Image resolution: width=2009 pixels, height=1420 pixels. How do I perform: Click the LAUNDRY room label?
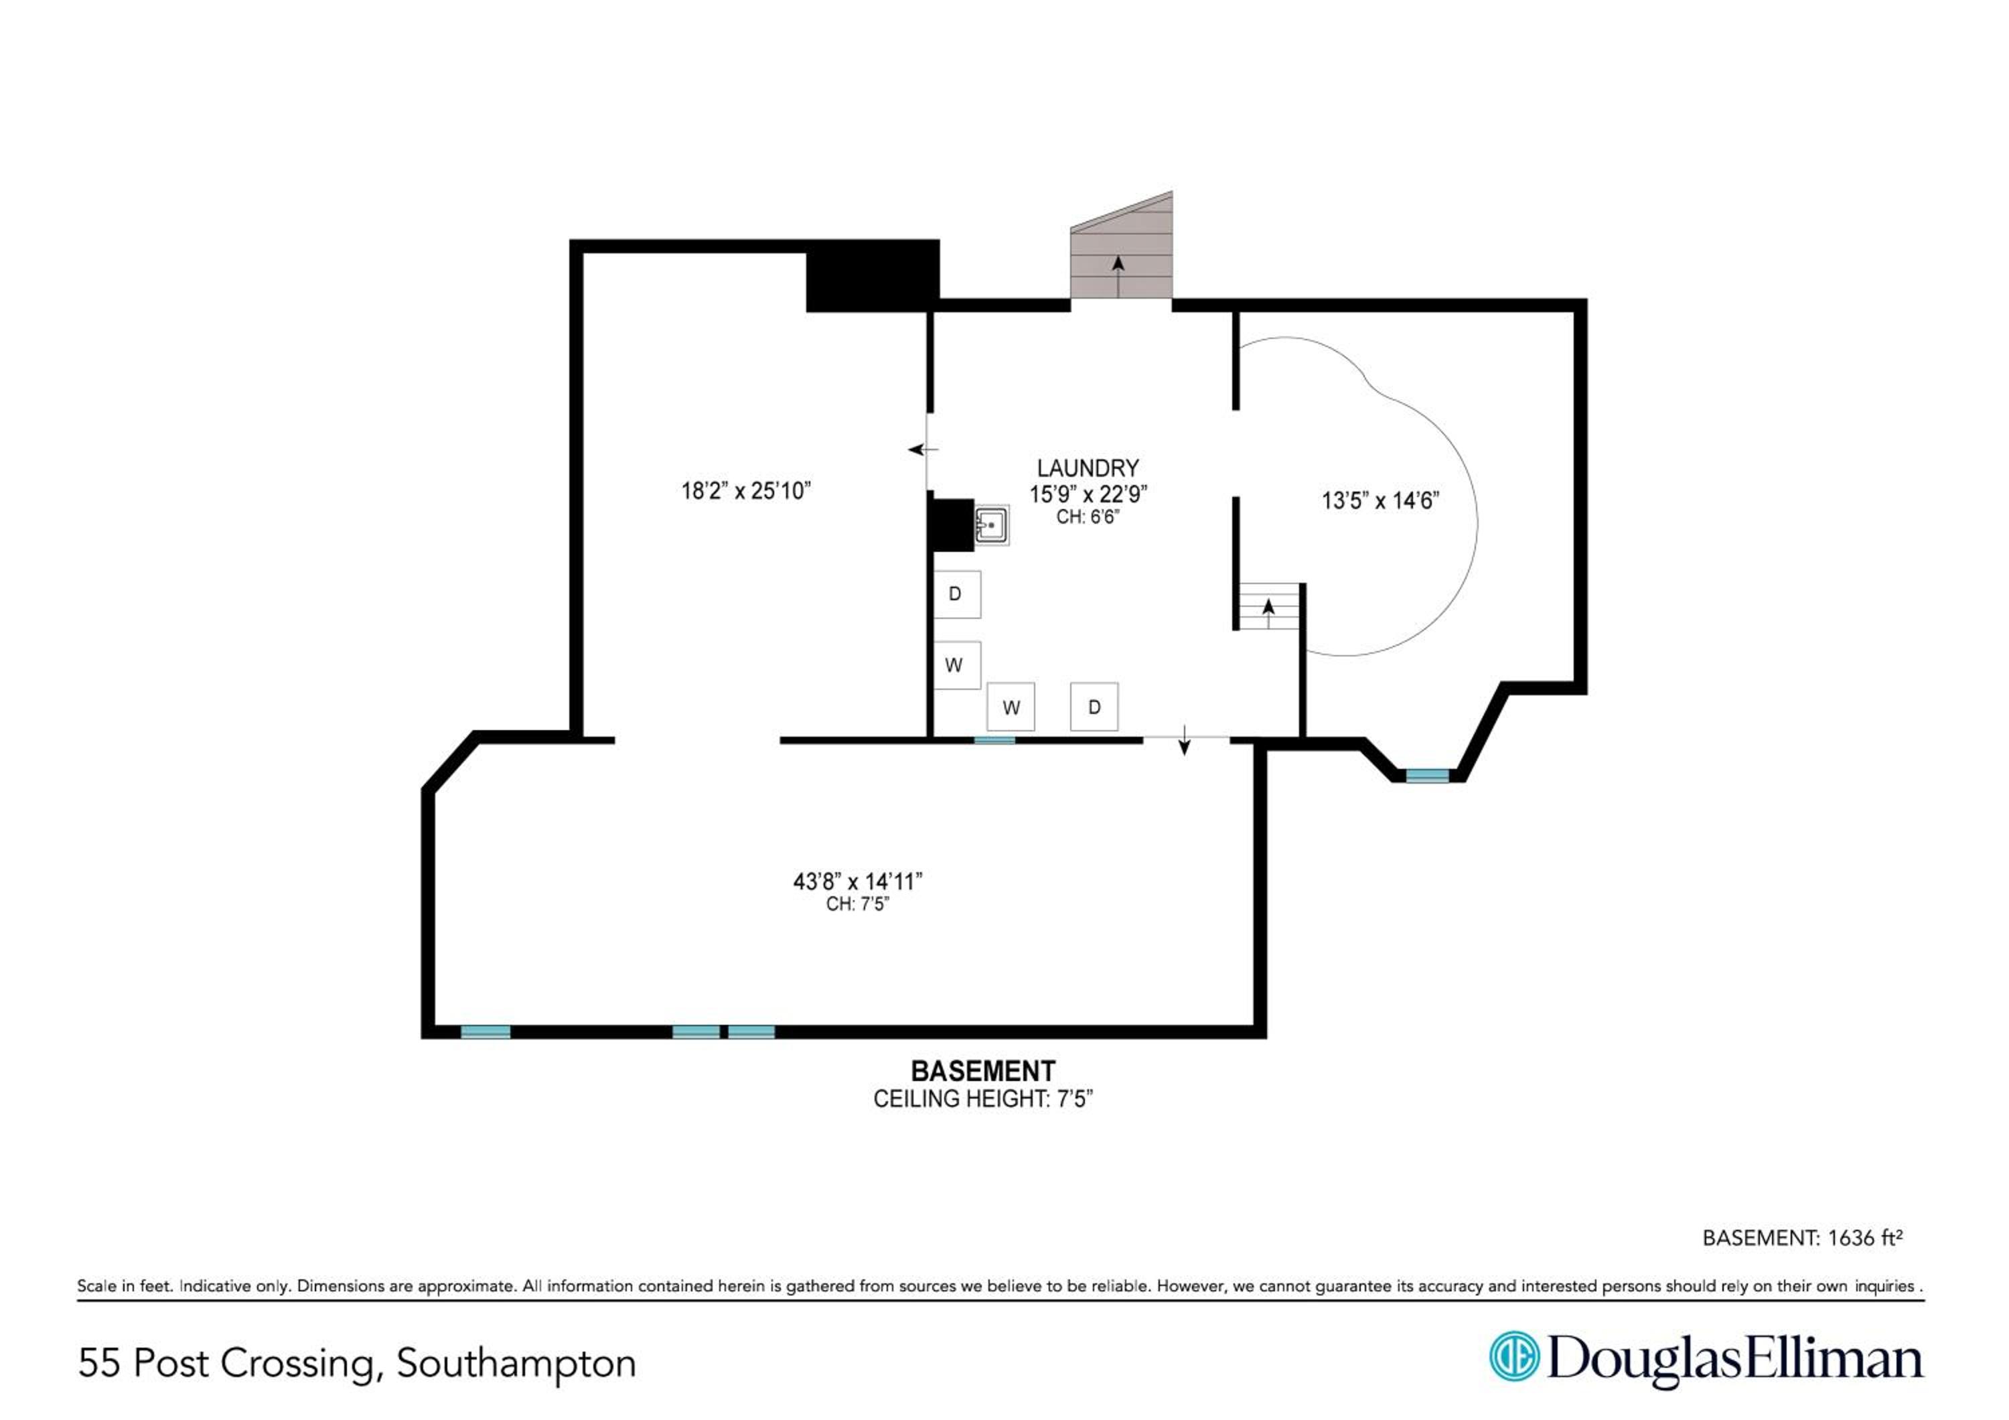pos(1088,468)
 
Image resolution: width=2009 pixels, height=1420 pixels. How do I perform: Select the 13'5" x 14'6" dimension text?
pos(1380,500)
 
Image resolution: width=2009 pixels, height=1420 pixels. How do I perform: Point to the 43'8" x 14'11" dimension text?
pos(857,881)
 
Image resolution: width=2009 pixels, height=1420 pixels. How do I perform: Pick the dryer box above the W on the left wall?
pos(956,594)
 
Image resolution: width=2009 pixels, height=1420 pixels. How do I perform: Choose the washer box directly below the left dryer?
pos(956,665)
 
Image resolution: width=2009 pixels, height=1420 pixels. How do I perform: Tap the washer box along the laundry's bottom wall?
pos(1011,707)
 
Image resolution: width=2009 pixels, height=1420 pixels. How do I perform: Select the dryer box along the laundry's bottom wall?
pos(1094,707)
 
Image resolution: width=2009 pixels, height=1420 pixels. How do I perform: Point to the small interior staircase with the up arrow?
pos(1269,606)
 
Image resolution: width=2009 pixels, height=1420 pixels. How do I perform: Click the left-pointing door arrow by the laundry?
pos(922,449)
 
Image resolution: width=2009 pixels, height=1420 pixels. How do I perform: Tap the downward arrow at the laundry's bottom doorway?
pos(1184,739)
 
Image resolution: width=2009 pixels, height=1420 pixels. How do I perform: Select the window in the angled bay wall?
pos(1427,775)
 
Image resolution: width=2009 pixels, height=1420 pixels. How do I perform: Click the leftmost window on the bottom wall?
pos(486,1032)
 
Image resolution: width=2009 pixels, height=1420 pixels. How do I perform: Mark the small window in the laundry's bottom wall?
pos(995,740)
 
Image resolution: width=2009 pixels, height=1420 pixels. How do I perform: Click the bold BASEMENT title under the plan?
pos(982,1071)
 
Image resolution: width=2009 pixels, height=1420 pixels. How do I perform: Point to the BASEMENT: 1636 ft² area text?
pos(1803,1237)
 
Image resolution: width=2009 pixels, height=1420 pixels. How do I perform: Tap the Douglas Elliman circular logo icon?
pos(1513,1357)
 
